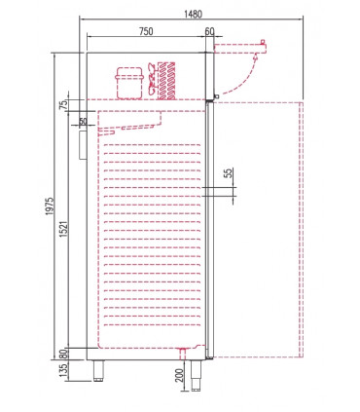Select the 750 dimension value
click(x=145, y=32)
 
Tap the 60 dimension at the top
click(x=211, y=32)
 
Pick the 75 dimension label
click(x=62, y=105)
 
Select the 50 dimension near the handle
click(x=83, y=122)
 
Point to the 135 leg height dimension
click(x=62, y=373)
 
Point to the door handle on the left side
click(x=81, y=144)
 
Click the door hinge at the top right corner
click(x=210, y=95)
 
